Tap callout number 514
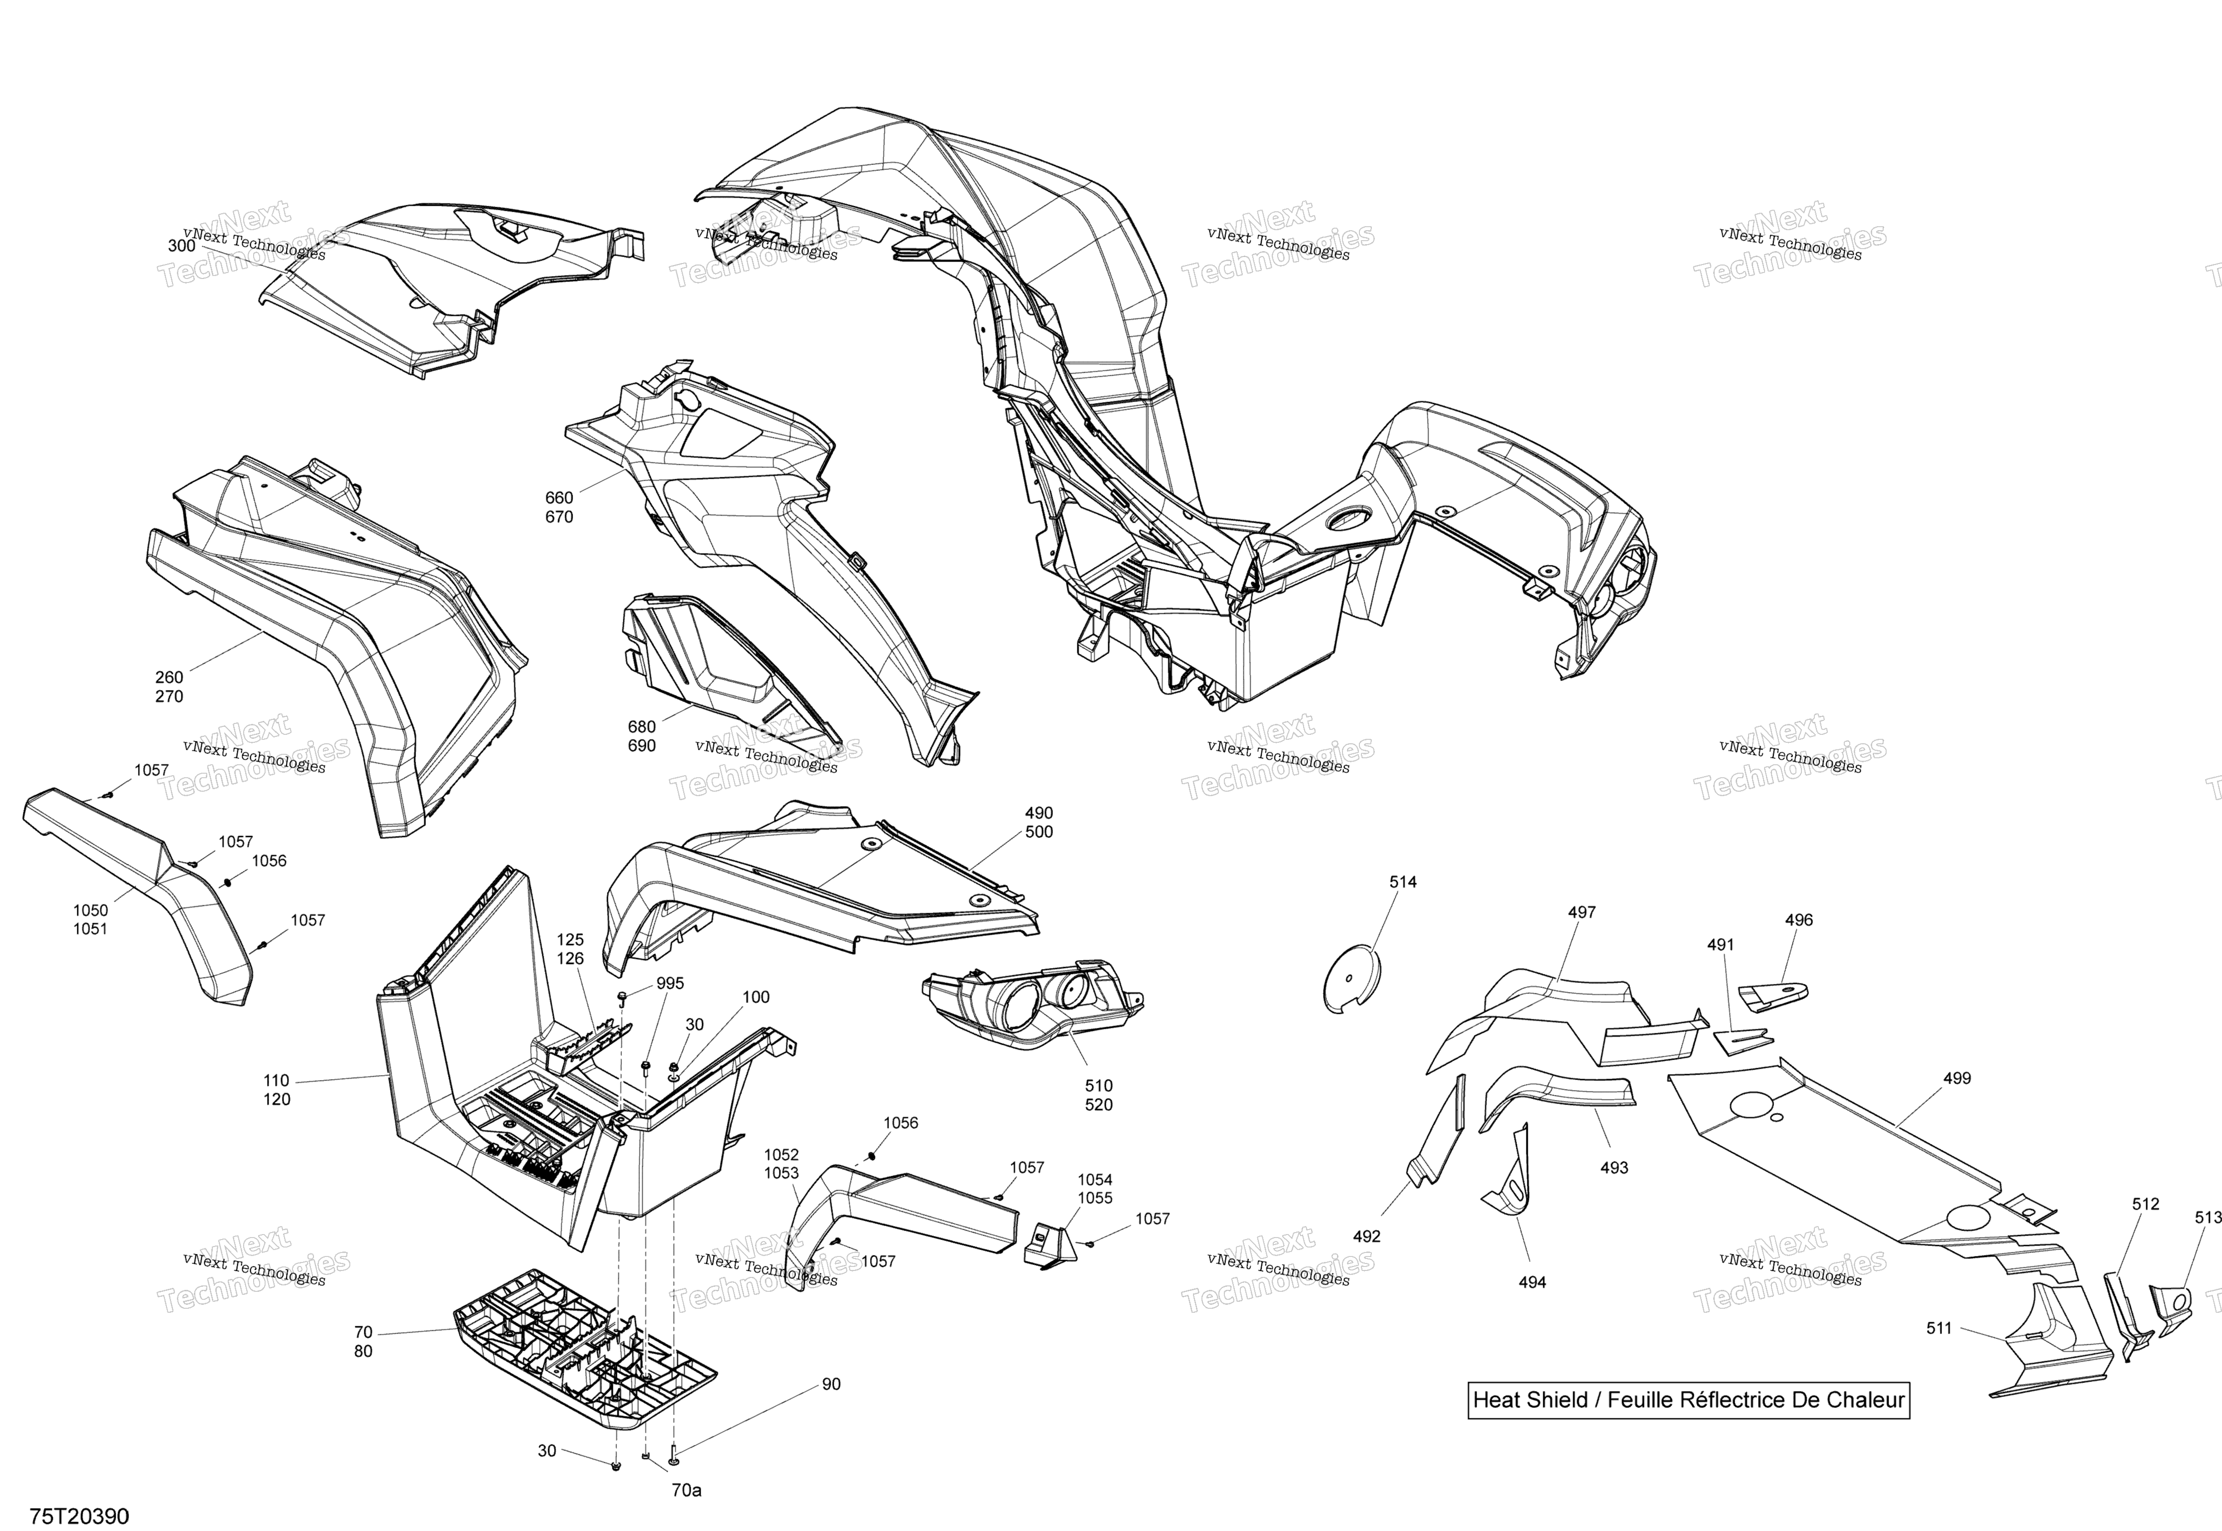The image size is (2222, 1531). point(1403,881)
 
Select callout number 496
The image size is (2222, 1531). point(1799,920)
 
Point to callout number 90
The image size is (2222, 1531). point(831,1384)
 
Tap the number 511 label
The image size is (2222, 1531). point(1939,1329)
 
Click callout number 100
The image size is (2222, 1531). point(756,997)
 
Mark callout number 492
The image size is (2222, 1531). point(1366,1237)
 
